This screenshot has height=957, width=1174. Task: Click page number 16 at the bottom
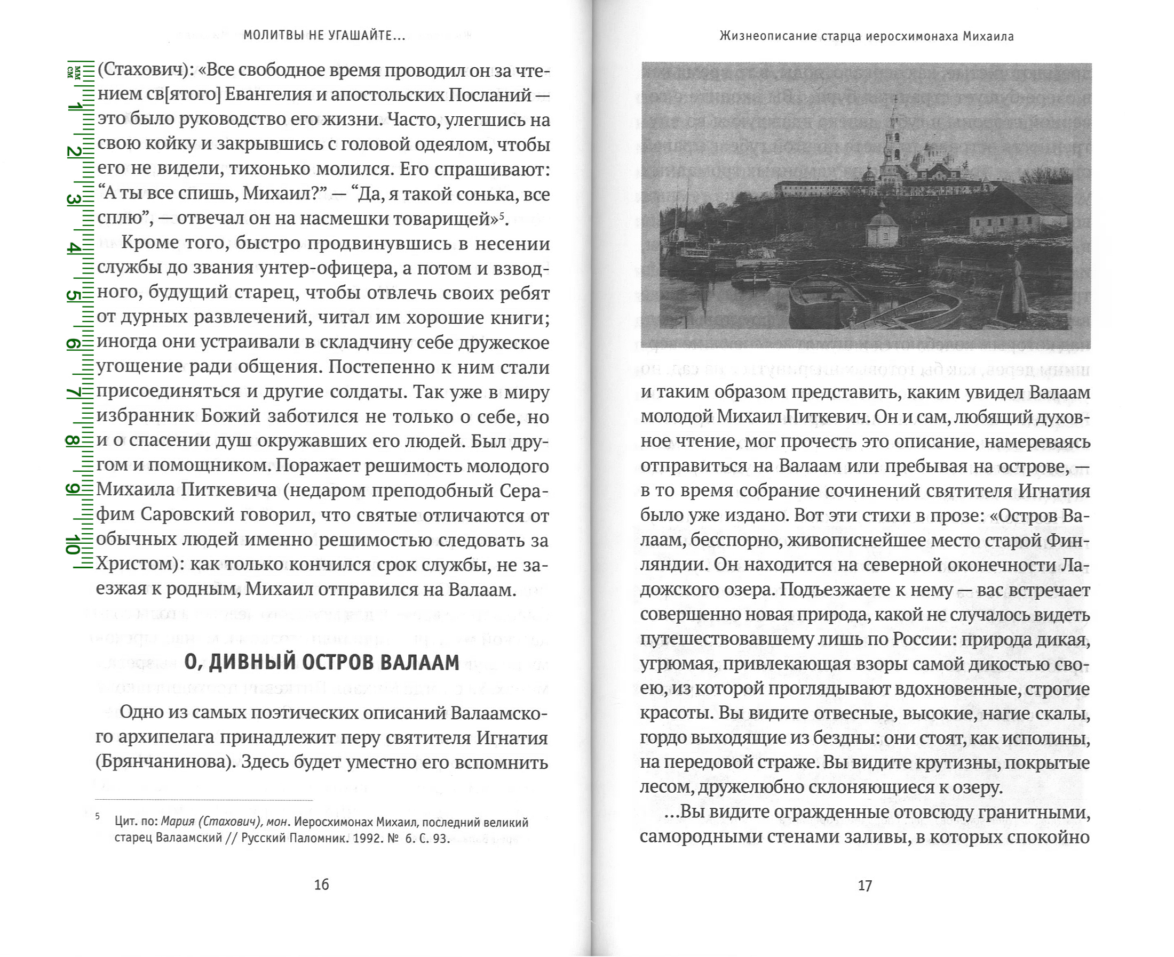point(321,884)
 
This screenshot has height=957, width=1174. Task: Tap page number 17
point(864,886)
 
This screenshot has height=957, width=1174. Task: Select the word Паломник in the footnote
point(310,839)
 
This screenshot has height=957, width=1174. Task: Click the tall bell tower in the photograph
point(893,138)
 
